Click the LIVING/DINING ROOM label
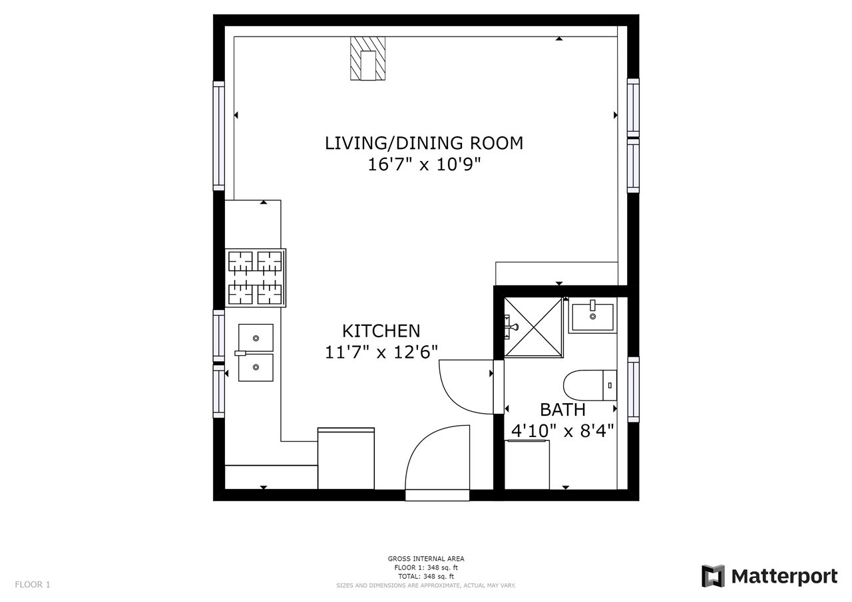pos(424,143)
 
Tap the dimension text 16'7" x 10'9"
pos(424,164)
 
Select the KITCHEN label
pos(381,331)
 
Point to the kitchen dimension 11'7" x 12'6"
pos(381,353)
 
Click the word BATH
pos(562,410)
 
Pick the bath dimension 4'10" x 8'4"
pos(562,431)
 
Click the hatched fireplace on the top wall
pos(368,59)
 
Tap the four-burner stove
pos(255,278)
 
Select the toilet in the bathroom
pos(590,385)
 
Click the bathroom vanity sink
pos(592,317)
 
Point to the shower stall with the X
pos(534,327)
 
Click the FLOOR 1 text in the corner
pos(33,585)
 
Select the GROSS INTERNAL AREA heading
pos(426,559)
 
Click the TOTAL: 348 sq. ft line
pos(426,577)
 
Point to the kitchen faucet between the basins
pos(241,353)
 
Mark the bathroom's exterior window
pos(633,389)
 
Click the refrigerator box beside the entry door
pos(346,458)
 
